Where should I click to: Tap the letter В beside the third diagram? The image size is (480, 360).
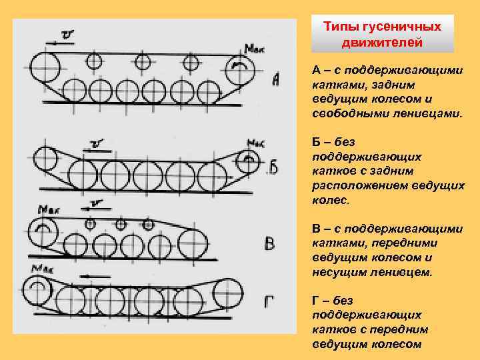coord(269,243)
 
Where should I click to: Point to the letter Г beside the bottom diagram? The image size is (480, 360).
coord(269,304)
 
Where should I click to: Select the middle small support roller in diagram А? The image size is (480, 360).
coord(142,62)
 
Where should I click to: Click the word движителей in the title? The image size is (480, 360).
coord(382,43)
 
